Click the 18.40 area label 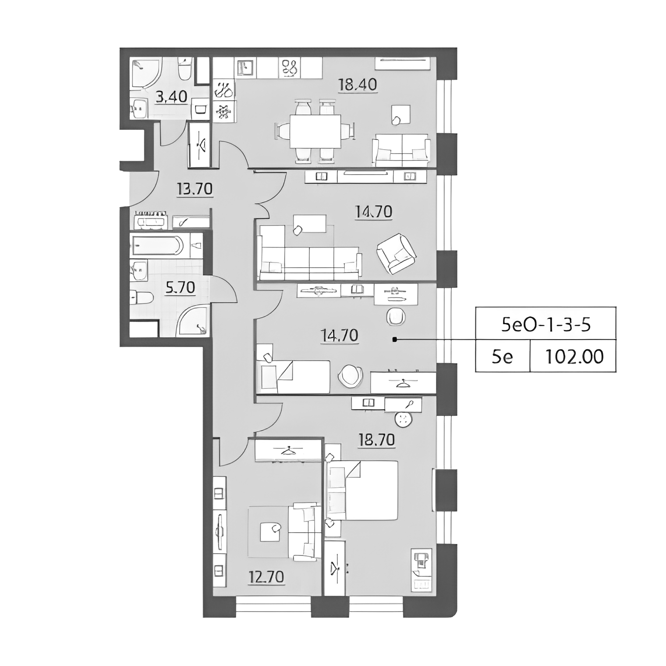(358, 84)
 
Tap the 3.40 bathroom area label (172, 97)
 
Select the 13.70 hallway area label (195, 189)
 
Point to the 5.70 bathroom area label (180, 288)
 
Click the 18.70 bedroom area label (377, 440)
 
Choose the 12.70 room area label (266, 577)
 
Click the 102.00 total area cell (574, 356)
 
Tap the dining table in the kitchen (315, 132)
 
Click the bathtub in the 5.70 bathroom (156, 246)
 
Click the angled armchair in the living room (396, 254)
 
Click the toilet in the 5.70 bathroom (141, 298)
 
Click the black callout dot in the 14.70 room (394, 339)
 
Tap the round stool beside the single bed (350, 376)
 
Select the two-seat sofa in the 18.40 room (400, 150)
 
